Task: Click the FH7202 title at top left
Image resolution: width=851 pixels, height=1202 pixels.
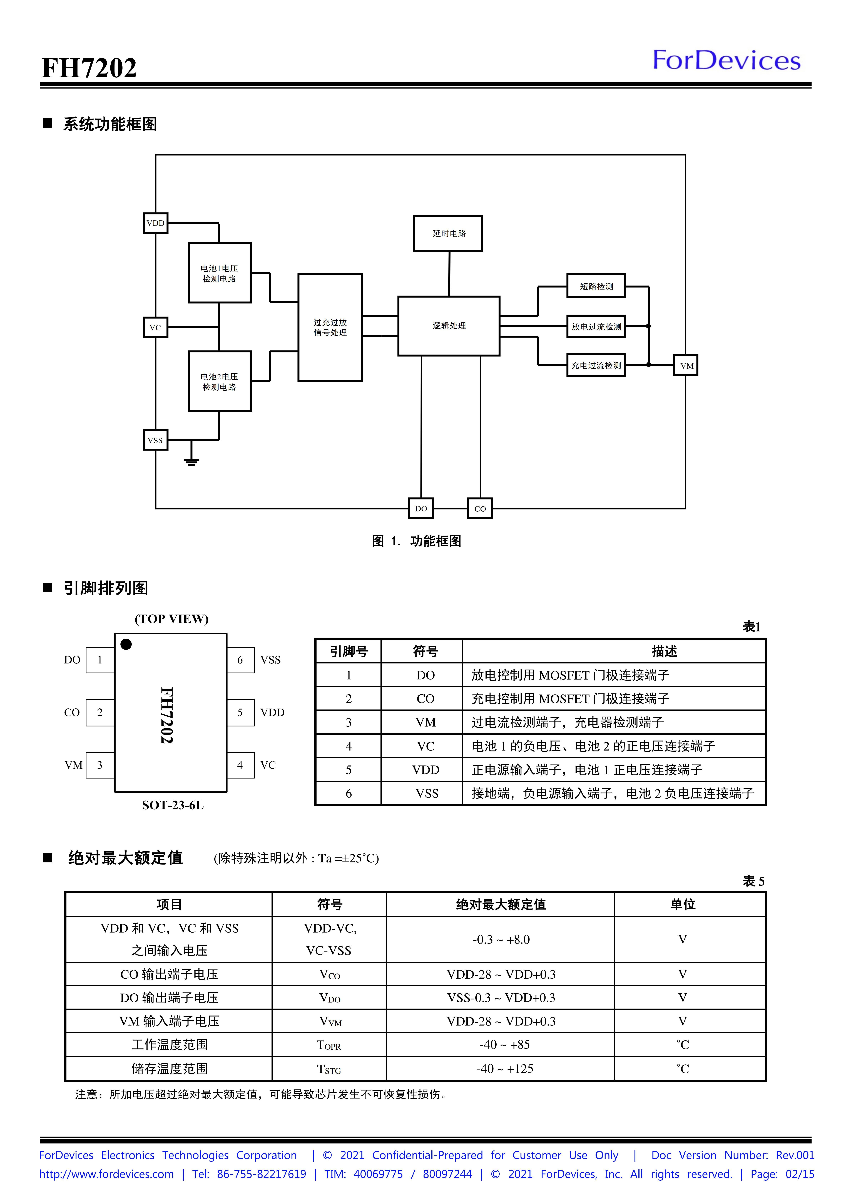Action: click(x=89, y=68)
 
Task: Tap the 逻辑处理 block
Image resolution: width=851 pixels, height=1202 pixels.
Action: click(x=449, y=326)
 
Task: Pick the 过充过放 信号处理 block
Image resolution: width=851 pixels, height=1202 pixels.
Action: click(x=330, y=327)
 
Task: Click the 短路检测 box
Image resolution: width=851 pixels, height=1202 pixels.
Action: click(x=596, y=286)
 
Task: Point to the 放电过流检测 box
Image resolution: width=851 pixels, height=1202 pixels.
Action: click(x=596, y=327)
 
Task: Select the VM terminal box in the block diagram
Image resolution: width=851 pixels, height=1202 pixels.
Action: click(x=686, y=365)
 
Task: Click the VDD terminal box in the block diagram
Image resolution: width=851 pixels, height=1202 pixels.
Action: click(x=156, y=223)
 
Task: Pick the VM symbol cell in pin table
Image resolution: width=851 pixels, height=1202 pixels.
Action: click(x=425, y=723)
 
